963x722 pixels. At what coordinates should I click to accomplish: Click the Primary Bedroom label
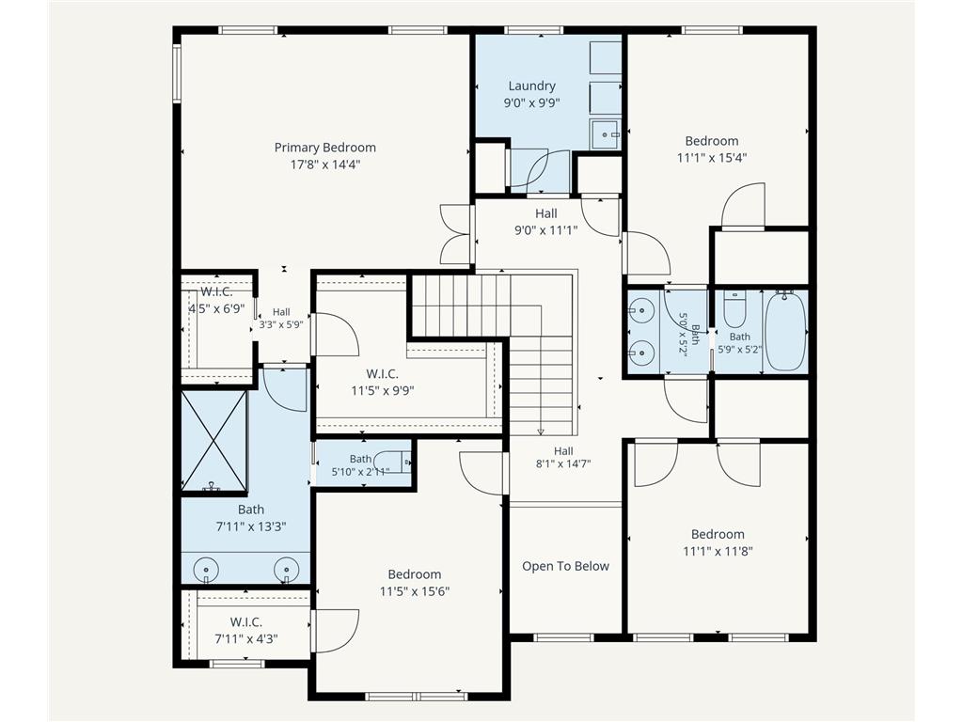coord(324,148)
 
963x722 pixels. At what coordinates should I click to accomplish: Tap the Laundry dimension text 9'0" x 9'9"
coord(532,102)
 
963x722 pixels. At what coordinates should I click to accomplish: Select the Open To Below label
coord(565,566)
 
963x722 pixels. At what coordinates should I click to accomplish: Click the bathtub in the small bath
coord(785,331)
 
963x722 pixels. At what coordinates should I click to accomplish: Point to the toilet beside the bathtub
coord(734,310)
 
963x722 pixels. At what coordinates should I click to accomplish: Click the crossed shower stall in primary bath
coord(213,440)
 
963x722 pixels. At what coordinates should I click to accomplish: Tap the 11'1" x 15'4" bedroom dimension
coord(712,158)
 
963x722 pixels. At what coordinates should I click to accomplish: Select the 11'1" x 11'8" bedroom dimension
coord(718,551)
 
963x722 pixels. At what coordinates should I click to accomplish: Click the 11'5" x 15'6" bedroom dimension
coord(415,591)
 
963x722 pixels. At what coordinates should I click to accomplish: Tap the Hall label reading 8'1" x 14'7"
coord(563,458)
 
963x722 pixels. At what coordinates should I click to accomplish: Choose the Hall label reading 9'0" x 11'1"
coord(546,222)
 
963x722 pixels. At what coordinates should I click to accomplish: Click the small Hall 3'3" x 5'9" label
coord(281,318)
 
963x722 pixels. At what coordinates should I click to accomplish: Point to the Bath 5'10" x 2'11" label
coord(360,465)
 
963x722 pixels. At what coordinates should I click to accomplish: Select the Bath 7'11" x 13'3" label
coord(251,518)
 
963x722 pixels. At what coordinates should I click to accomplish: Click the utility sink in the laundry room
coord(606,134)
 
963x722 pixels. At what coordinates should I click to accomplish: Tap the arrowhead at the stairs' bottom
coord(541,432)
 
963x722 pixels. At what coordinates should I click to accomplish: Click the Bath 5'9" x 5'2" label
coord(740,343)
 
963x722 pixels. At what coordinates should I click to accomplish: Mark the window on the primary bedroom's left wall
coord(176,73)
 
